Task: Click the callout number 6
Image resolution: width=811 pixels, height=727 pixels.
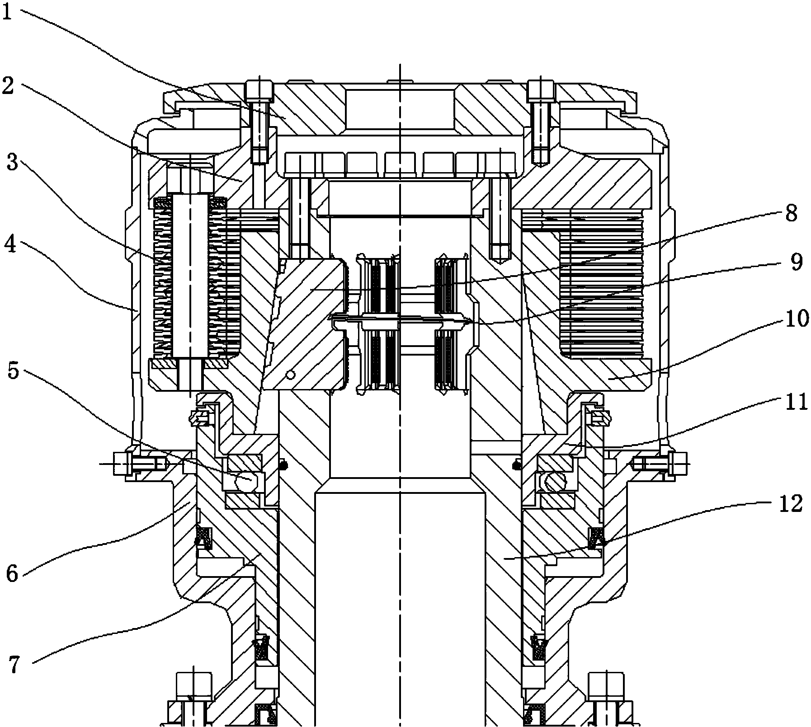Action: click(12, 573)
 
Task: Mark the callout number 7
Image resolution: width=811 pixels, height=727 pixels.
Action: click(14, 665)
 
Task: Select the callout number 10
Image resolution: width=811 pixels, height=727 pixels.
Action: click(794, 319)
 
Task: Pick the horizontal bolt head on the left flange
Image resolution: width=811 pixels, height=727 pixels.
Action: click(123, 464)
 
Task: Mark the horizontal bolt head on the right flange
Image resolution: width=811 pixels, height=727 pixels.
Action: click(677, 464)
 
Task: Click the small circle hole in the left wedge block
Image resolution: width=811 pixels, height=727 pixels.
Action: click(292, 375)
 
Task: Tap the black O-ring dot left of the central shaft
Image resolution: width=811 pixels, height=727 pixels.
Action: click(283, 464)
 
